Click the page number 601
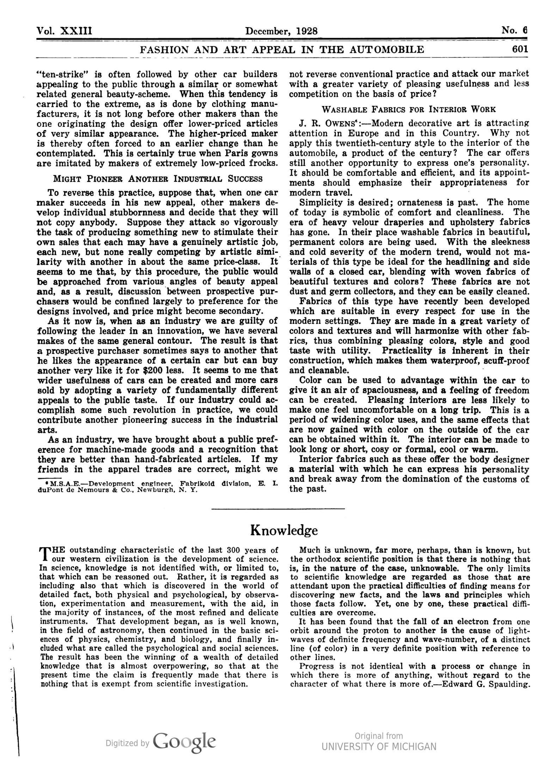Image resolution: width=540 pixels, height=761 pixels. [520, 49]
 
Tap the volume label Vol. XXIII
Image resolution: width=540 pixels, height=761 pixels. [65, 31]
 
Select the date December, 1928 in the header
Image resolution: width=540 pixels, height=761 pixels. [281, 31]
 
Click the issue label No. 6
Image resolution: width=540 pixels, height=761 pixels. [514, 30]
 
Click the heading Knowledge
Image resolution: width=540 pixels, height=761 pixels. [284, 530]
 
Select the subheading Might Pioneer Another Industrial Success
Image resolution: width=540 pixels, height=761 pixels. [158, 178]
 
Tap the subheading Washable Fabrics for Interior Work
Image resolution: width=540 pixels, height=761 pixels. [409, 109]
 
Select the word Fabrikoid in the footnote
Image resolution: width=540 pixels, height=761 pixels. [197, 484]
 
